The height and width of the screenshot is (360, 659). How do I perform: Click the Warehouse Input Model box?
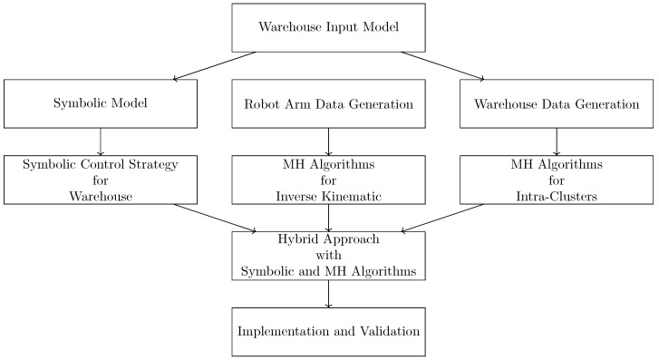[328, 28]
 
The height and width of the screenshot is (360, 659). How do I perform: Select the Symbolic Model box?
[101, 104]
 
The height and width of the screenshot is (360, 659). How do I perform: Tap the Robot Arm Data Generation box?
[328, 104]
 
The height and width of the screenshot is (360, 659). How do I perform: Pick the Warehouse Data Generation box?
[557, 104]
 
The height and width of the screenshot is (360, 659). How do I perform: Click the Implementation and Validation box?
[328, 332]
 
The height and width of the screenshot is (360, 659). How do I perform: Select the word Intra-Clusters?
[557, 197]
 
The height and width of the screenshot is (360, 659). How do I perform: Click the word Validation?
[390, 331]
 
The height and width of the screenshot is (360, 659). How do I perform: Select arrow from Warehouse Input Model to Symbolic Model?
[214, 65]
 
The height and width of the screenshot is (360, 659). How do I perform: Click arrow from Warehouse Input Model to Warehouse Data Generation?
[443, 65]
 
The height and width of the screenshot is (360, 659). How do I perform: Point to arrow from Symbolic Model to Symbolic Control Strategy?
[101, 141]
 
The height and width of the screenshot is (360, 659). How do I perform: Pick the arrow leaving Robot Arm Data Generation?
[328, 141]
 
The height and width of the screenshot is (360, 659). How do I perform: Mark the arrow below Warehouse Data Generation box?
[557, 141]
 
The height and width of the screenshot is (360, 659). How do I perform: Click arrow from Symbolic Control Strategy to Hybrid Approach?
[215, 218]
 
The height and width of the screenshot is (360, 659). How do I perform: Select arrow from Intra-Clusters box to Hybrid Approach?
[442, 218]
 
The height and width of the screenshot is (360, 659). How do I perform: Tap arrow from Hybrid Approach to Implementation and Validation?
[328, 294]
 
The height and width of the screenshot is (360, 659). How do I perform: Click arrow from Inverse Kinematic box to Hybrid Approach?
[328, 218]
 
